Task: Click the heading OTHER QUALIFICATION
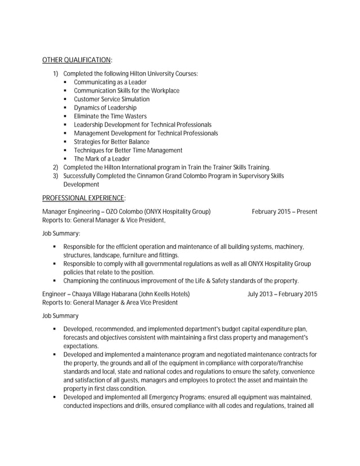[x=77, y=60]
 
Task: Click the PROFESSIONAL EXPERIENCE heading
[x=84, y=198]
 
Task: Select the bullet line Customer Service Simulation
[x=112, y=99]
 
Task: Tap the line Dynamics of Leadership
[x=105, y=108]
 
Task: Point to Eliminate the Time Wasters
[x=110, y=116]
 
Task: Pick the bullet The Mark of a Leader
[x=102, y=159]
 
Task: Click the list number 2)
[x=55, y=168]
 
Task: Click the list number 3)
[x=55, y=176]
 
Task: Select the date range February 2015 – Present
[x=284, y=212]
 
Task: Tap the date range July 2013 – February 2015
[x=282, y=294]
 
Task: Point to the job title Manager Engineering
[x=67, y=212]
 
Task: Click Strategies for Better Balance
[x=111, y=142]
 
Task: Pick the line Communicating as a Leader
[x=110, y=82]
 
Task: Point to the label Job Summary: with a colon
[x=61, y=233]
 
